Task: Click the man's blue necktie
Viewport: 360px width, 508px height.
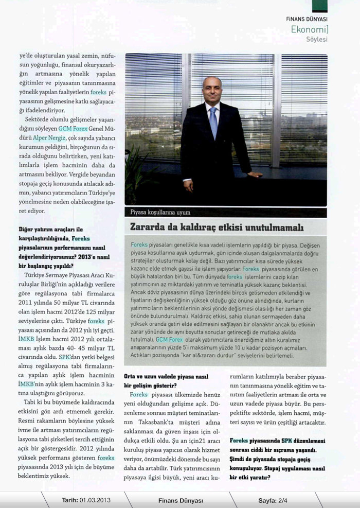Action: click(x=213, y=122)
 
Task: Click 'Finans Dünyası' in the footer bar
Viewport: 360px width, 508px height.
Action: click(x=181, y=500)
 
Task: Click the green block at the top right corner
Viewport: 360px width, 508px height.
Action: click(x=319, y=5)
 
